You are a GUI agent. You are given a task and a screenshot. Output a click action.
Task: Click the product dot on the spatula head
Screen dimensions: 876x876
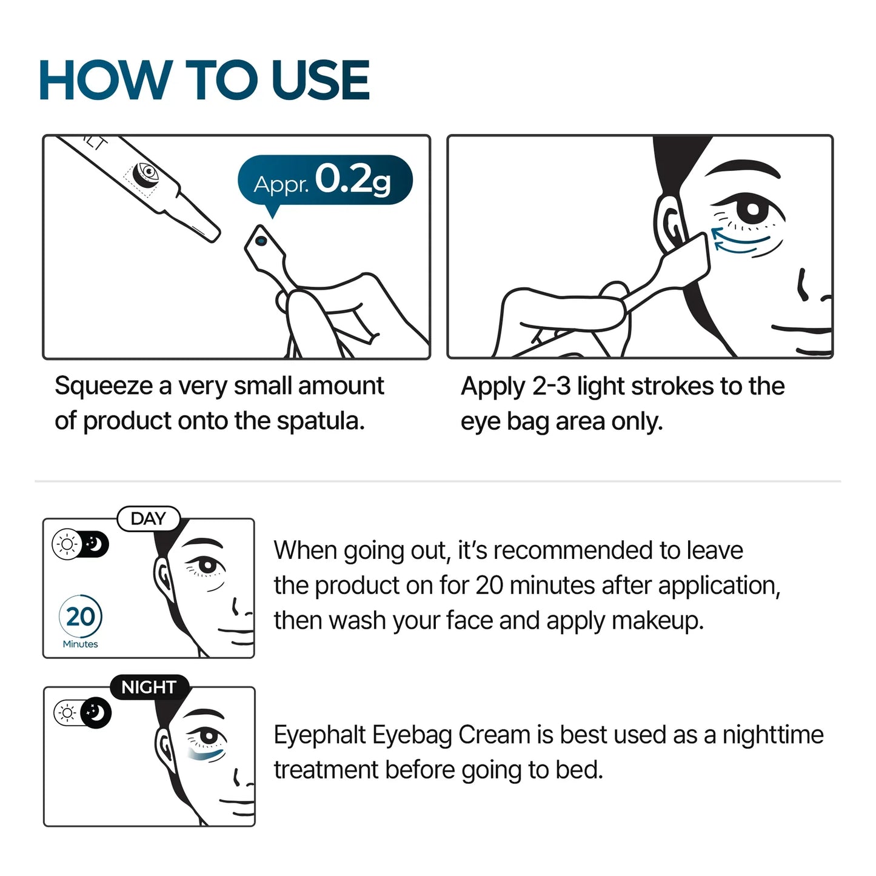pyautogui.click(x=261, y=241)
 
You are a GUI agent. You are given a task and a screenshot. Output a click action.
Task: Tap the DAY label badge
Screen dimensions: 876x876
pyautogui.click(x=148, y=519)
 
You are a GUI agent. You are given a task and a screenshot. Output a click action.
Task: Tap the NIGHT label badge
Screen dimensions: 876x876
pyautogui.click(x=149, y=687)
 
